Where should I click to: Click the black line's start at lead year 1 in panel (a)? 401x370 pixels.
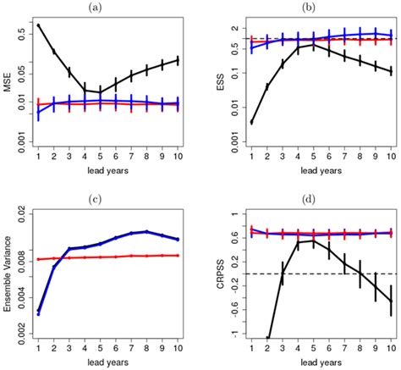click(x=39, y=25)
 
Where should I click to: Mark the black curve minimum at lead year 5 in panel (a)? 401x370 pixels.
click(x=101, y=91)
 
